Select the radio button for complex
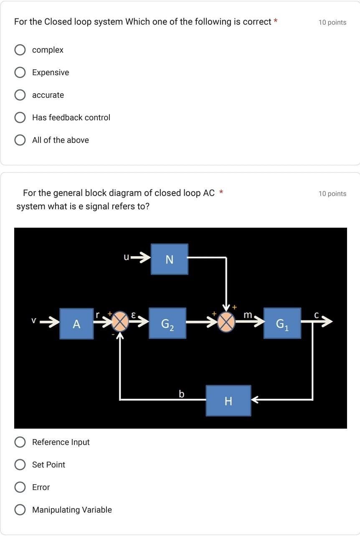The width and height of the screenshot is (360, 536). [x=20, y=50]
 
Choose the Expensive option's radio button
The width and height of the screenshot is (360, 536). [x=20, y=73]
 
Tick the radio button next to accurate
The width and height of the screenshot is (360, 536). [x=20, y=95]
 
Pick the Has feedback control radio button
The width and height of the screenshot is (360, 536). [x=20, y=118]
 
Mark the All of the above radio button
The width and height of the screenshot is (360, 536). [x=20, y=140]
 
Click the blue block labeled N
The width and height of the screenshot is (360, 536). [x=169, y=259]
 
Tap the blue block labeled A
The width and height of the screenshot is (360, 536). [x=76, y=324]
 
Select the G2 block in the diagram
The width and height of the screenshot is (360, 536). [x=167, y=324]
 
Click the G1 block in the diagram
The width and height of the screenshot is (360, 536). [x=282, y=323]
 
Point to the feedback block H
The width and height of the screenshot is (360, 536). [x=228, y=401]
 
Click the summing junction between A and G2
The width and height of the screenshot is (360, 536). [x=120, y=321]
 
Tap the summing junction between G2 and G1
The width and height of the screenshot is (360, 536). [x=226, y=322]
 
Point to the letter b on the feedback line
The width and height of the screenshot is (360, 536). [x=181, y=394]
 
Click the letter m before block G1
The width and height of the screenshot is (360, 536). [x=248, y=315]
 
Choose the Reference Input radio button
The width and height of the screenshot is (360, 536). [x=20, y=442]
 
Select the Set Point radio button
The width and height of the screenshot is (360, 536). [x=20, y=465]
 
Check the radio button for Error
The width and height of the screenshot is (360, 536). [x=20, y=488]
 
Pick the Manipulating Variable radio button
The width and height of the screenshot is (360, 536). [x=20, y=510]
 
